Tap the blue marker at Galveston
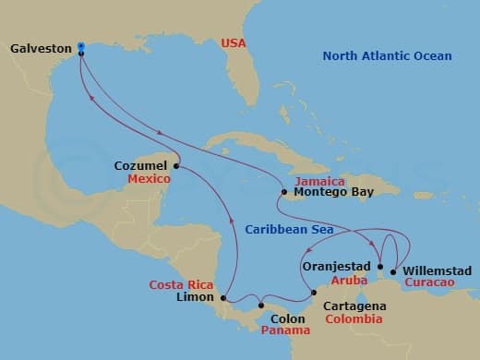click(81, 45)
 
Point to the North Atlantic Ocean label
click(387, 56)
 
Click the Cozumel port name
click(140, 166)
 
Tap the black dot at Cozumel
click(176, 166)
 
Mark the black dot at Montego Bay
click(284, 193)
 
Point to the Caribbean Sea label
click(290, 229)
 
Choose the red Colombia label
click(353, 318)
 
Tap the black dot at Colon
click(261, 306)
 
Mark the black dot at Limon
click(223, 297)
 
